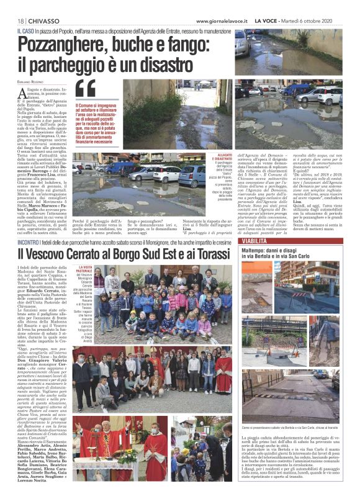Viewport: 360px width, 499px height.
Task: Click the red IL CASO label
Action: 26,30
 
